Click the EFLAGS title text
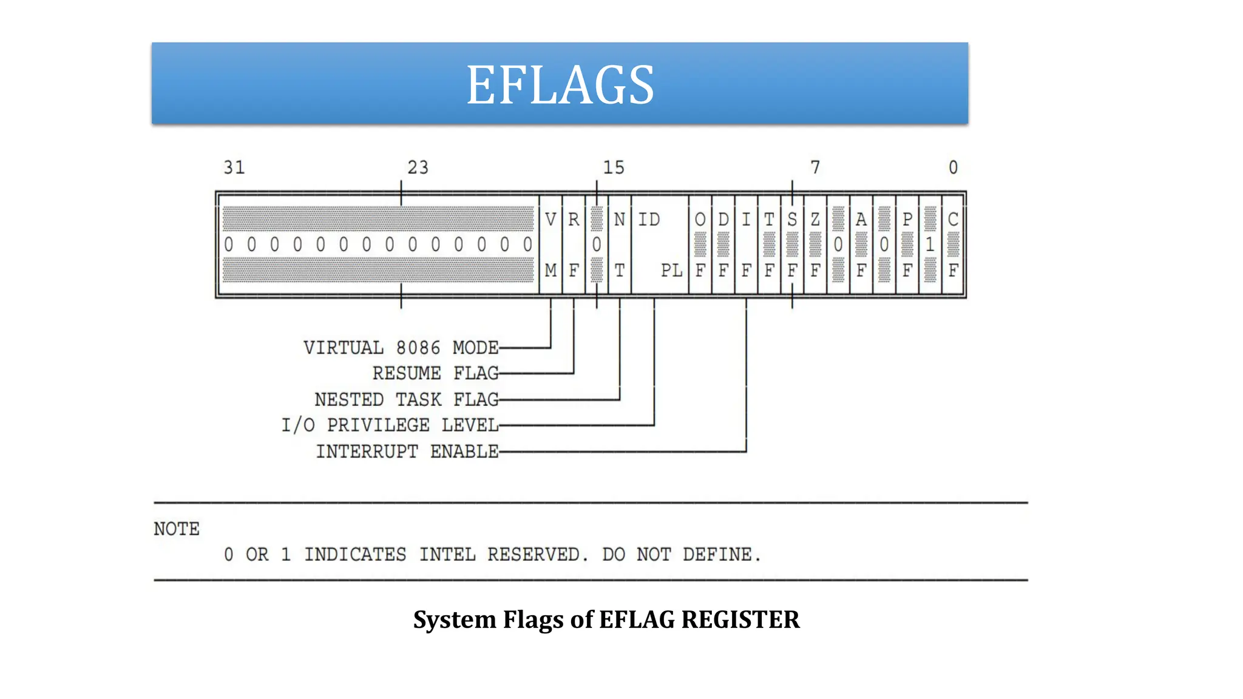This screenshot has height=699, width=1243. pos(560,85)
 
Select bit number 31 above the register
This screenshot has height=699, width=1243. pos(234,167)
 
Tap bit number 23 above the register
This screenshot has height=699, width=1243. pos(418,167)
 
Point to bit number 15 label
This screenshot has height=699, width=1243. pos(613,167)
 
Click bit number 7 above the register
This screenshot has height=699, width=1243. pos(815,167)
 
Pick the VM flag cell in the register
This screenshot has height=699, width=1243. pos(550,245)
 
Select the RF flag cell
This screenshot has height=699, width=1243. pos(574,245)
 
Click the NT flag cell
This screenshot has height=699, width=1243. pos(619,245)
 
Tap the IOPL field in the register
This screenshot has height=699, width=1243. pos(660,245)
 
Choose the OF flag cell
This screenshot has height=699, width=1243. pos(700,245)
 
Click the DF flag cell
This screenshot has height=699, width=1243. pos(723,245)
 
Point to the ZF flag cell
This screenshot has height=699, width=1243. pos(815,245)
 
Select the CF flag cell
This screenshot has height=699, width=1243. pos(953,245)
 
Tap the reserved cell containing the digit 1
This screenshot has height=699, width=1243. pos(930,245)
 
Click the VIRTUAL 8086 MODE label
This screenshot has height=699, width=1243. pos(401,348)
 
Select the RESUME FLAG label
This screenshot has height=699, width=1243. pos(435,373)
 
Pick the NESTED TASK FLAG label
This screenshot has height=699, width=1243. pos(406,399)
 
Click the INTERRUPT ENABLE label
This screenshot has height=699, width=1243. pos(407,451)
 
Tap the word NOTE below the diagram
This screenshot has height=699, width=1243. pos(177,529)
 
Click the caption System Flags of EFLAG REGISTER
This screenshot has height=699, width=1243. pos(606,620)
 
